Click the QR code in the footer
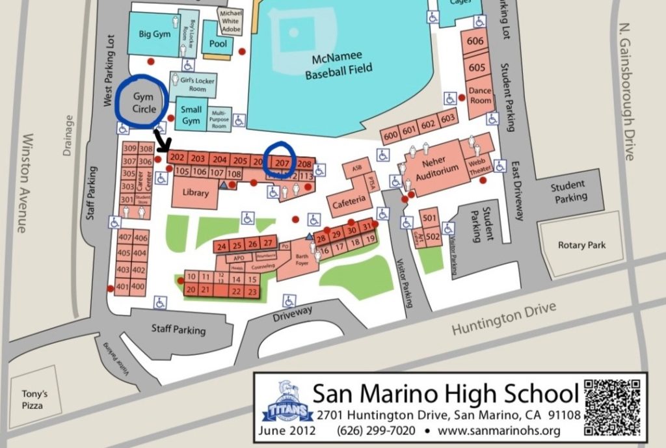[x=612, y=406]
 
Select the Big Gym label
[x=154, y=34]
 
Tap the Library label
[x=196, y=193]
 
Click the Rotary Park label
[x=582, y=245]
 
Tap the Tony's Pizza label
[x=32, y=400]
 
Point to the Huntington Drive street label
[x=504, y=319]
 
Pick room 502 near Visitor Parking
[x=433, y=237]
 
